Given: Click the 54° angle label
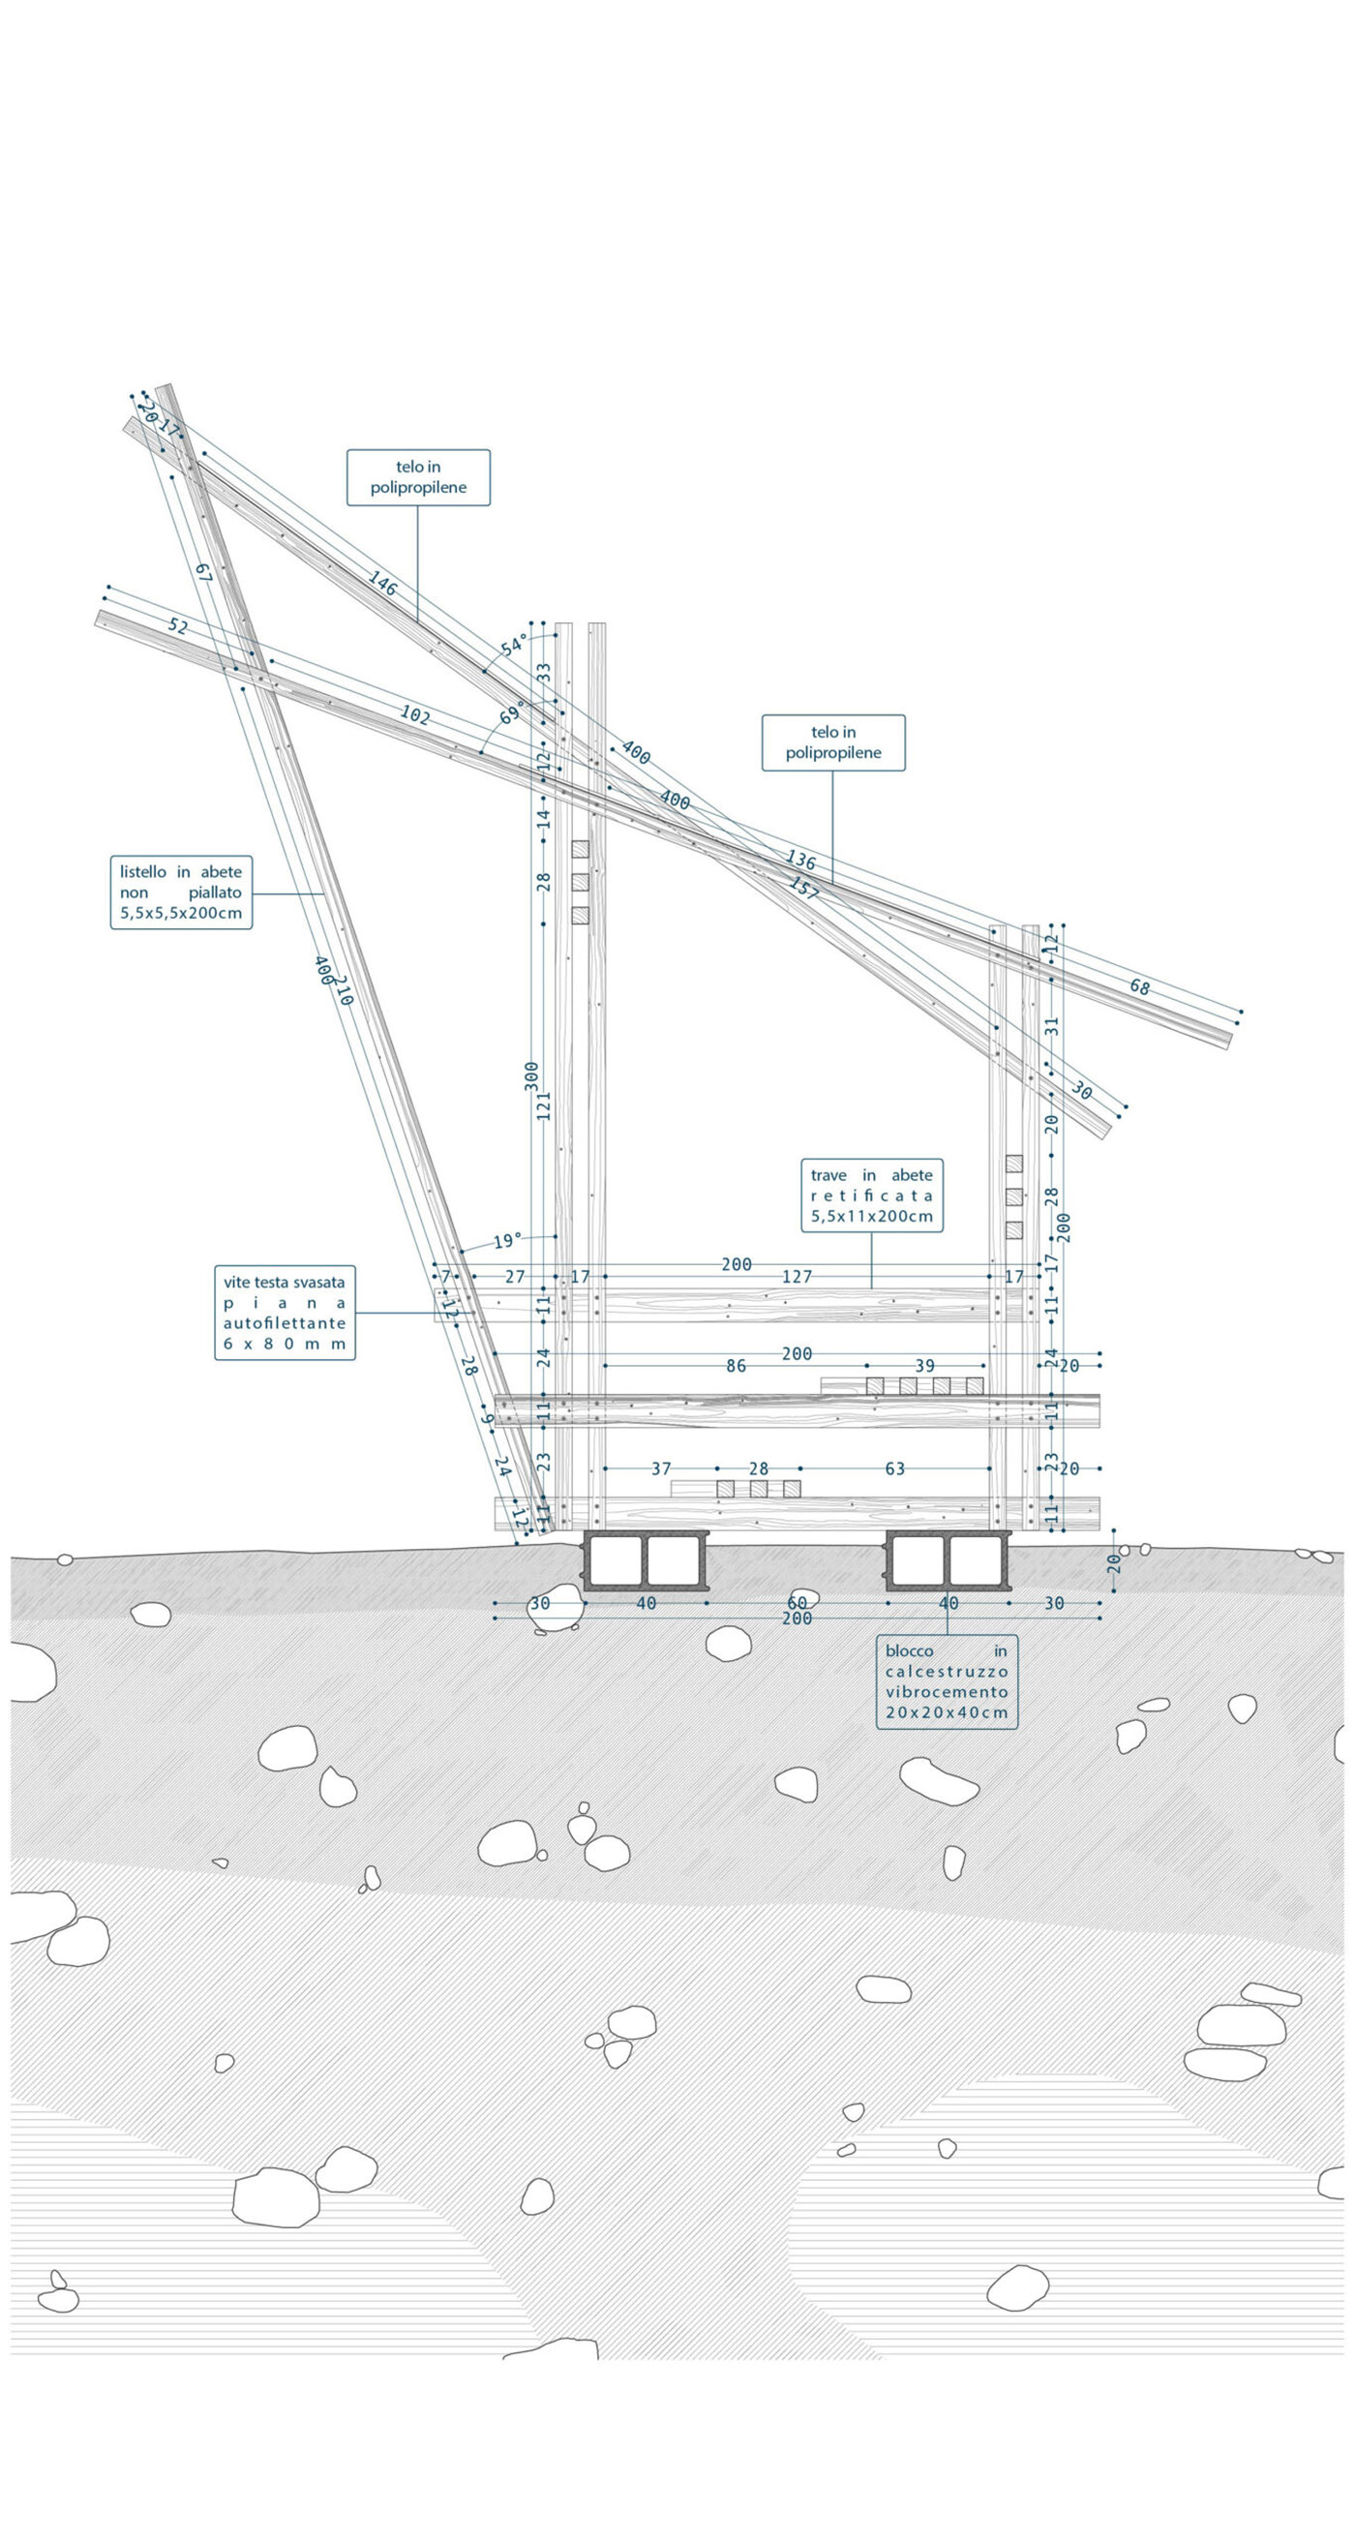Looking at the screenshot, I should coord(513,647).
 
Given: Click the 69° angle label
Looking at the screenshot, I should coord(511,712).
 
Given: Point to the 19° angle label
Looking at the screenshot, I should coord(507,1240).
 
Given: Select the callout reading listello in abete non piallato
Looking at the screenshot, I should coord(181,893).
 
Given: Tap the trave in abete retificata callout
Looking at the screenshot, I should coord(871,1195).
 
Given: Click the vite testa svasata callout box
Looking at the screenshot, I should coord(285,1313).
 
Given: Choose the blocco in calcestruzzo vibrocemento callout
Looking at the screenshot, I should coord(947,1681).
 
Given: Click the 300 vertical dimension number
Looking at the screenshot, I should coord(532,1075).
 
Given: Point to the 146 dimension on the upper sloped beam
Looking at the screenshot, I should coord(383,583).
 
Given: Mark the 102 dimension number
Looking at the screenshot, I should coord(414,715).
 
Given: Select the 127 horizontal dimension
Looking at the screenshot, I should coord(797,1277).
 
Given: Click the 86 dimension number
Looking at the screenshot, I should coord(736,1367).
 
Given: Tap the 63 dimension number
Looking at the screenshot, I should coord(894,1469).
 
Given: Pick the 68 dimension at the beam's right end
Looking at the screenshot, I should coord(1140,986).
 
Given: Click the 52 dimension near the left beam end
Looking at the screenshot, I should coord(178,625).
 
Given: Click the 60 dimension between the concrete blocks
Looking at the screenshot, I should coord(797,1602).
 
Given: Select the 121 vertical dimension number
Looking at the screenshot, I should coord(544,1105).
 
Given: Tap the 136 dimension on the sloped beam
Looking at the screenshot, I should coord(800,861).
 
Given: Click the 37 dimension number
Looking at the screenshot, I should coord(660,1469).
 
